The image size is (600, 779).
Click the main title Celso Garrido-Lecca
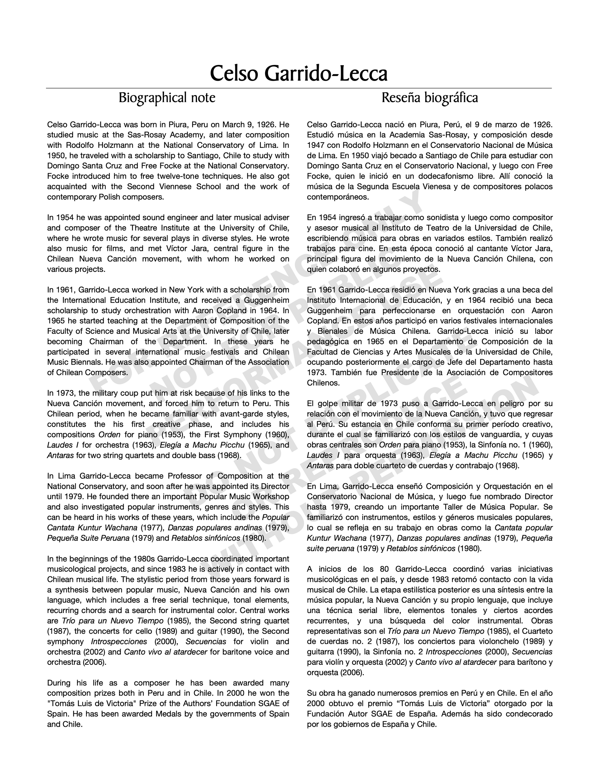coord(298,74)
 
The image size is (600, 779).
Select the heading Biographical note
coord(167,98)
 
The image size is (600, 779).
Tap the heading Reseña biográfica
coord(429,98)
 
